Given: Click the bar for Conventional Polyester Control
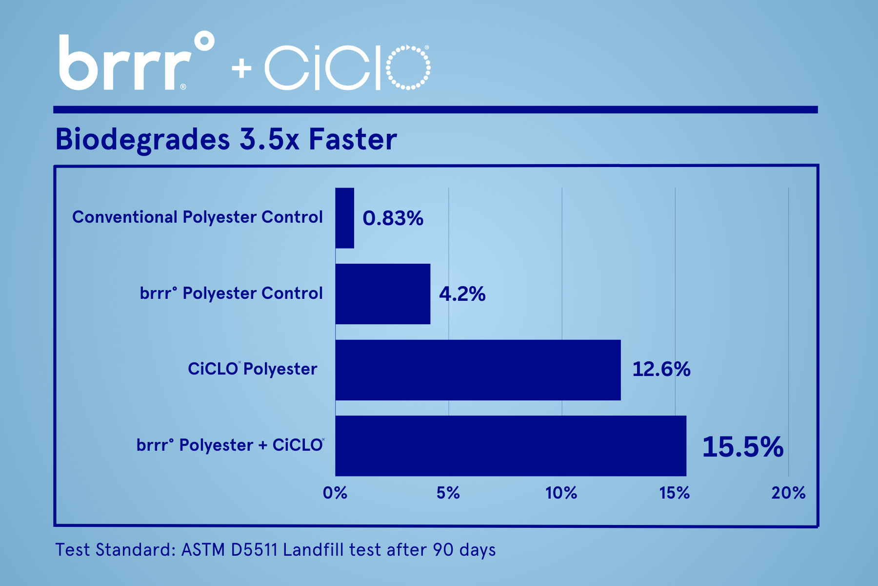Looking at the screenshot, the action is point(345,218).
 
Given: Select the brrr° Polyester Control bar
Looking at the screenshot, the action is point(383,294).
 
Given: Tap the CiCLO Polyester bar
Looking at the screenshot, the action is point(478,370).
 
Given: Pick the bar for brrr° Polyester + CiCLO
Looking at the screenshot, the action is point(511,446).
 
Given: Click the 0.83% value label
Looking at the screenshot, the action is point(393,218).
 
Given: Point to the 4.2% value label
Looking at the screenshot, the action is point(462,294).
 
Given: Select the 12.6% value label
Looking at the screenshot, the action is point(661,369).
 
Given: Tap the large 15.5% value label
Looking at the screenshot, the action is point(743,447).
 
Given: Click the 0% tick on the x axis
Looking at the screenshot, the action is point(335,493).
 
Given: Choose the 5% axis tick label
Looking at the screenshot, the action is point(448,493).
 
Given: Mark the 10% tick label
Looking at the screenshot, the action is point(561,493).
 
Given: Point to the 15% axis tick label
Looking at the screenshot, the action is point(675,493).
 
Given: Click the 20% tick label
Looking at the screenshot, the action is point(788,493).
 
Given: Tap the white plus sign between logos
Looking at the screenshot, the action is point(241,68).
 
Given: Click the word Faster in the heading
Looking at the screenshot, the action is point(353,140).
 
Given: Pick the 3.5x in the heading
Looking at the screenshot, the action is point(269,140).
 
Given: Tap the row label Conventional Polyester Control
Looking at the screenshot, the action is point(198,217).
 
